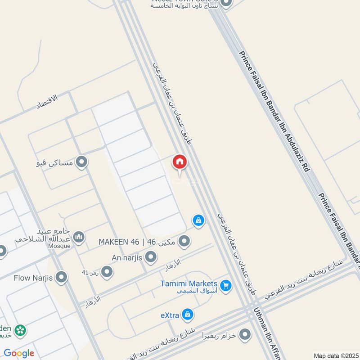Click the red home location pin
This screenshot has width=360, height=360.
tap(179, 162)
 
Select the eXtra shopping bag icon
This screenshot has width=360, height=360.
tap(189, 315)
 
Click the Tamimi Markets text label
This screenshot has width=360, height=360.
tap(189, 284)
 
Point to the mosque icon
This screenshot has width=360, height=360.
tap(79, 237)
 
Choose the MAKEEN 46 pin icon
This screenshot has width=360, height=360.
tap(184, 243)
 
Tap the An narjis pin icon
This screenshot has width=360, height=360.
tap(151, 257)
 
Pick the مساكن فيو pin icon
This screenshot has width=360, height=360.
tap(81, 162)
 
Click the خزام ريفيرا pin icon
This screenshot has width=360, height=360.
tap(245, 335)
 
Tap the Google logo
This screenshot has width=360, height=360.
tap(19, 353)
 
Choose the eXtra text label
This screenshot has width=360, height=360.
tap(170, 315)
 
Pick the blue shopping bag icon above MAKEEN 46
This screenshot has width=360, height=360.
tap(198, 220)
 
